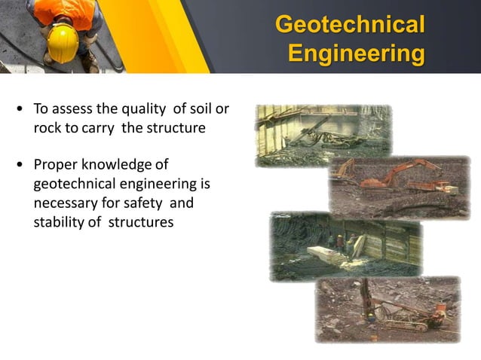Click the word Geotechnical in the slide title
click(x=349, y=24)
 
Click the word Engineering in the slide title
click(x=356, y=54)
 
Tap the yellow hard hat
click(x=62, y=44)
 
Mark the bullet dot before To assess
click(x=19, y=110)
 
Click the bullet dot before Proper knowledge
click(x=19, y=166)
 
